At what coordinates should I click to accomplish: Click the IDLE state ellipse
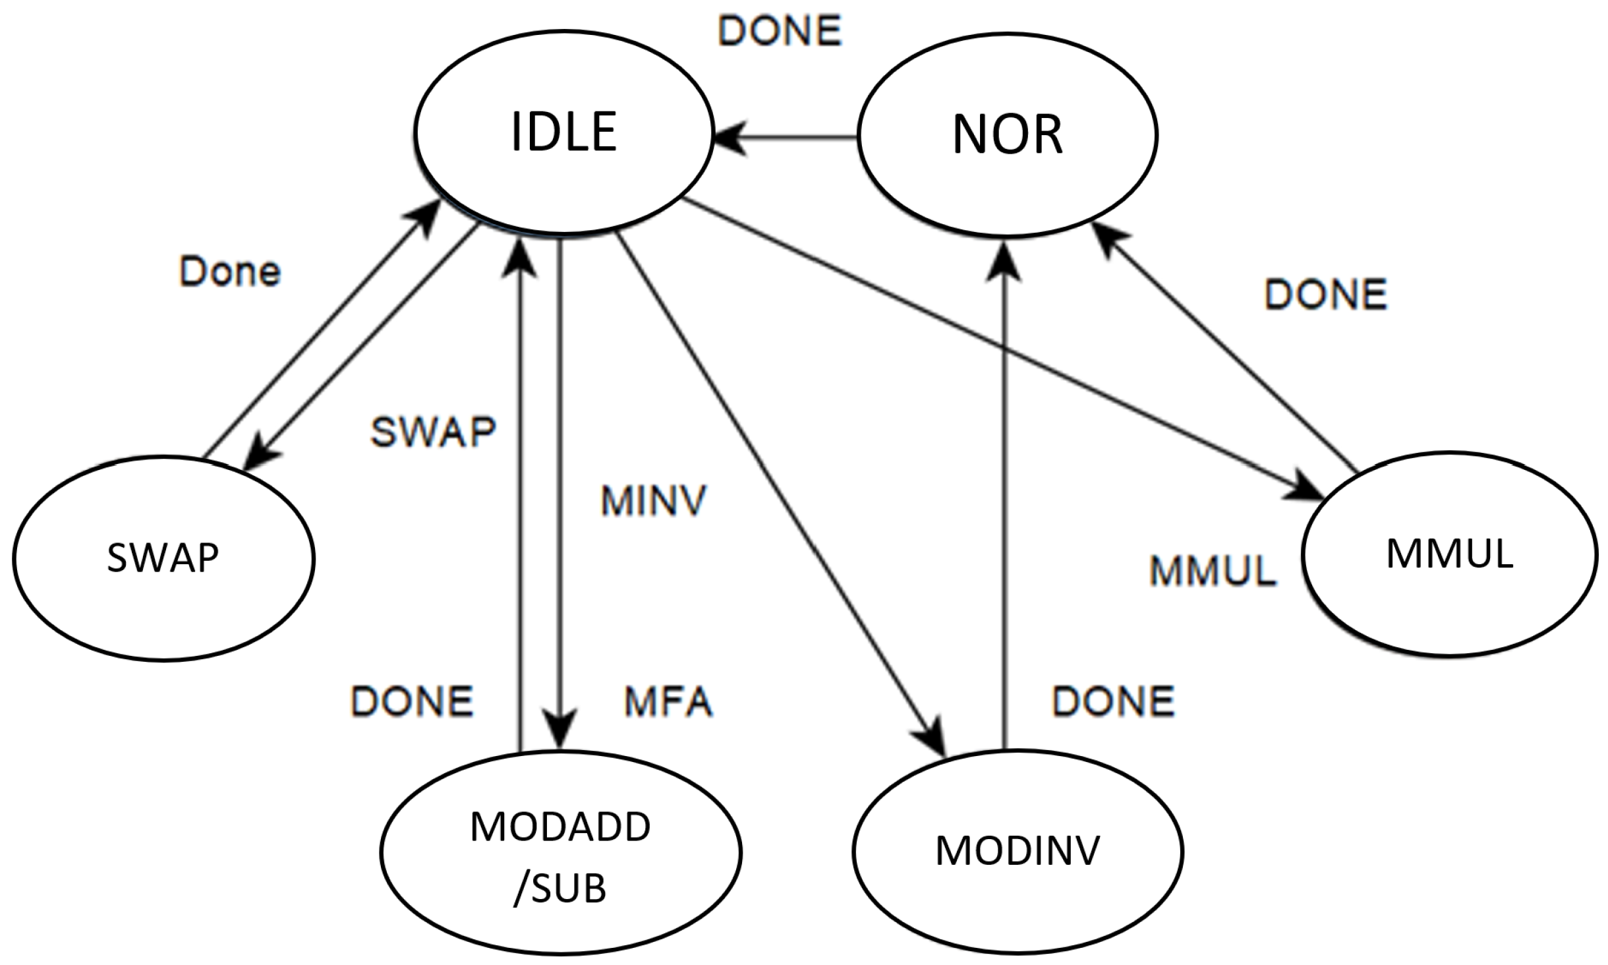click(x=563, y=132)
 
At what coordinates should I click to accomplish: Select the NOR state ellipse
click(x=1007, y=134)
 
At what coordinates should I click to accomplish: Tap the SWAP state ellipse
click(x=163, y=558)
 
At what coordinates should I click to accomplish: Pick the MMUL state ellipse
click(x=1449, y=554)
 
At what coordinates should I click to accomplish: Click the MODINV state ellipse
click(x=1018, y=851)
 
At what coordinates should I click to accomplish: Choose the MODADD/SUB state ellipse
click(x=560, y=852)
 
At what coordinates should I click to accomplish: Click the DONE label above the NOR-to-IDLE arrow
click(x=780, y=31)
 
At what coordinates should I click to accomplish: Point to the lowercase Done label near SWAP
click(x=230, y=272)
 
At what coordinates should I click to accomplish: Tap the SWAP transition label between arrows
click(x=433, y=432)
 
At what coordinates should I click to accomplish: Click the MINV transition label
click(x=653, y=501)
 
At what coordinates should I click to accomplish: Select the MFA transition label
click(x=668, y=701)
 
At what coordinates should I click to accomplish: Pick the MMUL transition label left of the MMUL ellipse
click(x=1213, y=571)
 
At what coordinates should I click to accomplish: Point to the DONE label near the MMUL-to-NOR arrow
click(x=1325, y=294)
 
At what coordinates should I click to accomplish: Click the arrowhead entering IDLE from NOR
click(x=730, y=137)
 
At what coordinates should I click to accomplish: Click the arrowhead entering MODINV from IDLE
click(x=933, y=737)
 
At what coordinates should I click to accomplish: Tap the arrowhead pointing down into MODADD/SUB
click(x=560, y=729)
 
